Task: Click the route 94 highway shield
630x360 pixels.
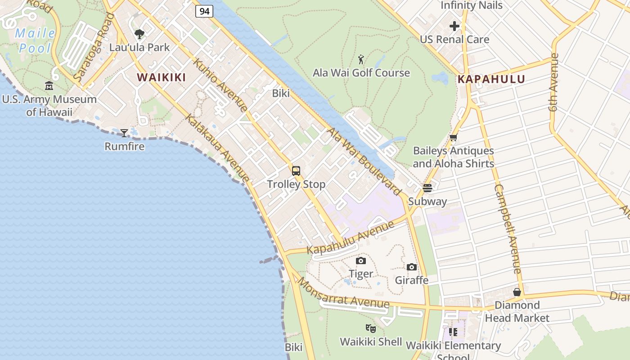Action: point(204,11)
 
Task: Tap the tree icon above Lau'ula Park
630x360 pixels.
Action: point(139,34)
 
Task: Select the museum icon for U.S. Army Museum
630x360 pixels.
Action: point(49,86)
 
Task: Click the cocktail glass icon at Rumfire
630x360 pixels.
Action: point(124,133)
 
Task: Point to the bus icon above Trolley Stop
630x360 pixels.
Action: point(296,171)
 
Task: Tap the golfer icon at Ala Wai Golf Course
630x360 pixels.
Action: point(361,59)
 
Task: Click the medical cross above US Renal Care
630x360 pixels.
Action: point(454,26)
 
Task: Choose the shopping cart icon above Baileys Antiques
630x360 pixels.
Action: point(453,138)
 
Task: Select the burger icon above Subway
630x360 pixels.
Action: point(427,188)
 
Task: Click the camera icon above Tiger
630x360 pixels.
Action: point(361,261)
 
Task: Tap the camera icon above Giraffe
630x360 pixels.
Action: point(412,267)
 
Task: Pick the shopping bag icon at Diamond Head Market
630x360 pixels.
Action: point(517,292)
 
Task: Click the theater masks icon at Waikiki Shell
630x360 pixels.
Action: point(371,328)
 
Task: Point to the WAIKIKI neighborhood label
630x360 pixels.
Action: point(162,77)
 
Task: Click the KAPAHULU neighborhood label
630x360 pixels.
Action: point(491,80)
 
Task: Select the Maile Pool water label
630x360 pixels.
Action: point(35,40)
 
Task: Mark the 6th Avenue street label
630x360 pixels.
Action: point(553,82)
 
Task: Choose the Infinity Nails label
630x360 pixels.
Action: point(471,5)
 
